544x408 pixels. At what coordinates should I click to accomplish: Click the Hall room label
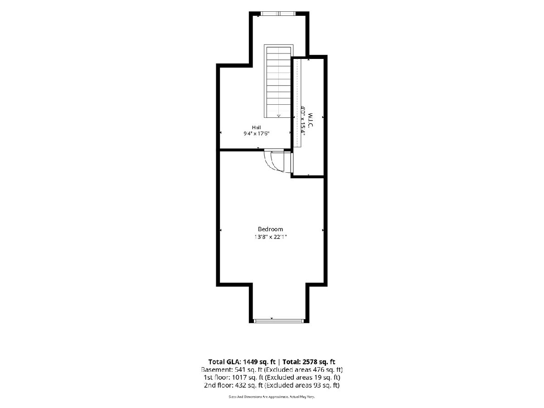click(x=257, y=127)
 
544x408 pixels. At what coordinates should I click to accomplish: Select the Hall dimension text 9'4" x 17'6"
click(x=257, y=134)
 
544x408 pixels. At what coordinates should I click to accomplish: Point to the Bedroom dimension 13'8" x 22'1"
click(x=270, y=237)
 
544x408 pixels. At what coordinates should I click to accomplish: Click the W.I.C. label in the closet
click(x=310, y=120)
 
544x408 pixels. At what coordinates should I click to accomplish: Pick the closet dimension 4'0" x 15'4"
click(x=303, y=120)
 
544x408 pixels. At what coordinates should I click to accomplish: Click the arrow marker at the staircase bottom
click(x=278, y=116)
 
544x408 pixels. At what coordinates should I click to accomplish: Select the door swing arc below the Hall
click(x=270, y=162)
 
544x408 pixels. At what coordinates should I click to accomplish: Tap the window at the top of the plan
click(x=278, y=14)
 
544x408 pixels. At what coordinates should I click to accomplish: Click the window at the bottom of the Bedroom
click(x=279, y=321)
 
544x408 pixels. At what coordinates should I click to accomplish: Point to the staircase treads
click(x=278, y=82)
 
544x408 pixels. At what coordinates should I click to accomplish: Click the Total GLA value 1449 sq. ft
click(x=260, y=362)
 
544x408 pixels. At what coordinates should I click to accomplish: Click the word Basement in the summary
click(x=216, y=370)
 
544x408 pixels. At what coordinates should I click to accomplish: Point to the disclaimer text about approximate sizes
click(x=272, y=397)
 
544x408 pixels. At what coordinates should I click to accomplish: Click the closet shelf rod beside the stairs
click(x=297, y=103)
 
